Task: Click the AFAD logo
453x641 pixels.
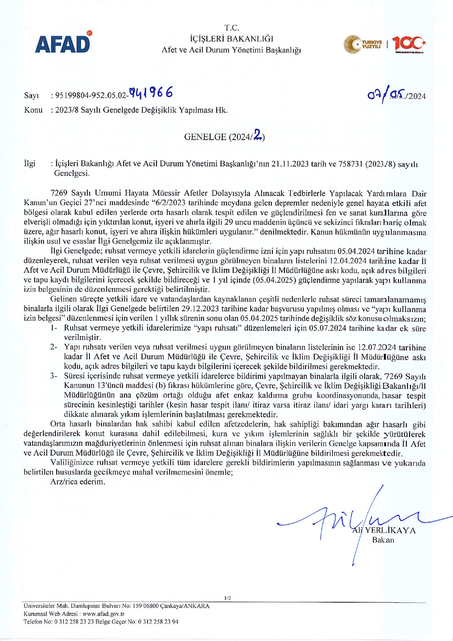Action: tap(63, 42)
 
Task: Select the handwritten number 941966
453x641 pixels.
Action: tap(151, 93)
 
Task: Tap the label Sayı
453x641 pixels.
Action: tap(31, 96)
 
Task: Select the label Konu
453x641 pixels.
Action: tap(33, 110)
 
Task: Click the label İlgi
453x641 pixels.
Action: tap(30, 163)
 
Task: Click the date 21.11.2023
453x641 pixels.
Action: tap(290, 164)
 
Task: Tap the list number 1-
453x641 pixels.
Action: tap(54, 328)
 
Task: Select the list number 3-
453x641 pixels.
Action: tap(54, 376)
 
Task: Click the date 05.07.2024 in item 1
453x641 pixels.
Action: tap(327, 328)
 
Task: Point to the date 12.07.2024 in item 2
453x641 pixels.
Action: tap(376, 347)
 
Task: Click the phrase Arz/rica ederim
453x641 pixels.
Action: tap(78, 482)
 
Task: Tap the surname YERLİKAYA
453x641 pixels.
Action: tap(391, 531)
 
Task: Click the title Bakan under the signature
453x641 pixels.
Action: tap(383, 540)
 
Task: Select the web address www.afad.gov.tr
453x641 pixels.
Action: tap(103, 614)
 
